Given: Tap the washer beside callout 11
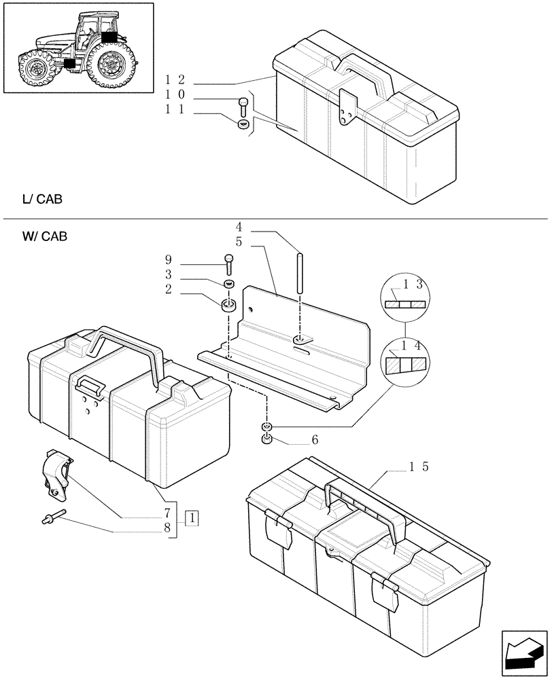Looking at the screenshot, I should [x=243, y=125].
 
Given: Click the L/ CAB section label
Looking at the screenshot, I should [x=42, y=200].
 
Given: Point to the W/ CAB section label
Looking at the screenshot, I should [x=44, y=236].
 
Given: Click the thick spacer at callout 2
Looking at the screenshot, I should [x=229, y=303].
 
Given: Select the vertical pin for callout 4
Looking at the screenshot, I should [x=299, y=272].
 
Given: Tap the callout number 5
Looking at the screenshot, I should [x=239, y=241].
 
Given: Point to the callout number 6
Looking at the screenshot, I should [x=315, y=440].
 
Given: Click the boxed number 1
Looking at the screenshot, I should [x=193, y=518].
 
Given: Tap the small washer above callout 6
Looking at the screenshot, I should [x=266, y=427].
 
